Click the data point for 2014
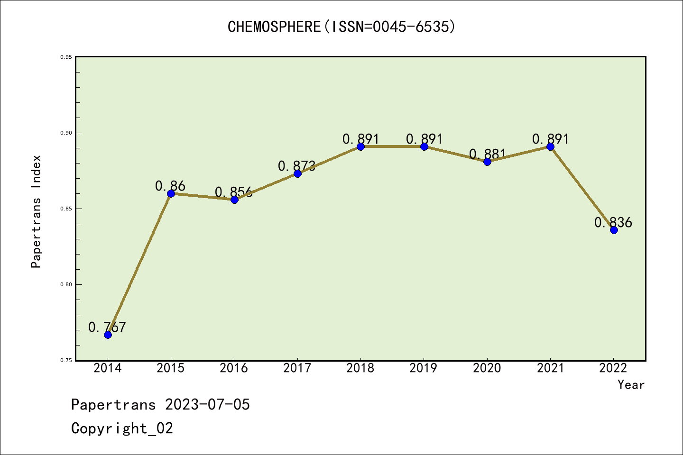click(x=108, y=335)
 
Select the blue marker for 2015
click(x=171, y=193)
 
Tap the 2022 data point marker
click(x=614, y=230)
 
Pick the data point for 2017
click(x=297, y=173)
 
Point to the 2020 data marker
click(x=487, y=162)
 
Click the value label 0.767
click(x=107, y=327)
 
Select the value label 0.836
click(x=613, y=222)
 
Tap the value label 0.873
click(x=297, y=166)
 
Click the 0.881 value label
click(x=488, y=154)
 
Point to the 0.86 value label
click(x=170, y=186)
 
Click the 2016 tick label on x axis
click(x=234, y=368)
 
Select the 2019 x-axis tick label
click(x=424, y=368)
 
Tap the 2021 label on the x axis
click(x=550, y=368)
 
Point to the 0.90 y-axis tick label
click(x=66, y=133)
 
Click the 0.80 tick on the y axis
click(x=66, y=285)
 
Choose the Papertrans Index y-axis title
click(x=36, y=211)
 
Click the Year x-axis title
click(x=631, y=385)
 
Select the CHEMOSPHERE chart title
click(x=341, y=27)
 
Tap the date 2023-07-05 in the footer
click(x=207, y=405)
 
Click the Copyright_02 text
click(x=122, y=428)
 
